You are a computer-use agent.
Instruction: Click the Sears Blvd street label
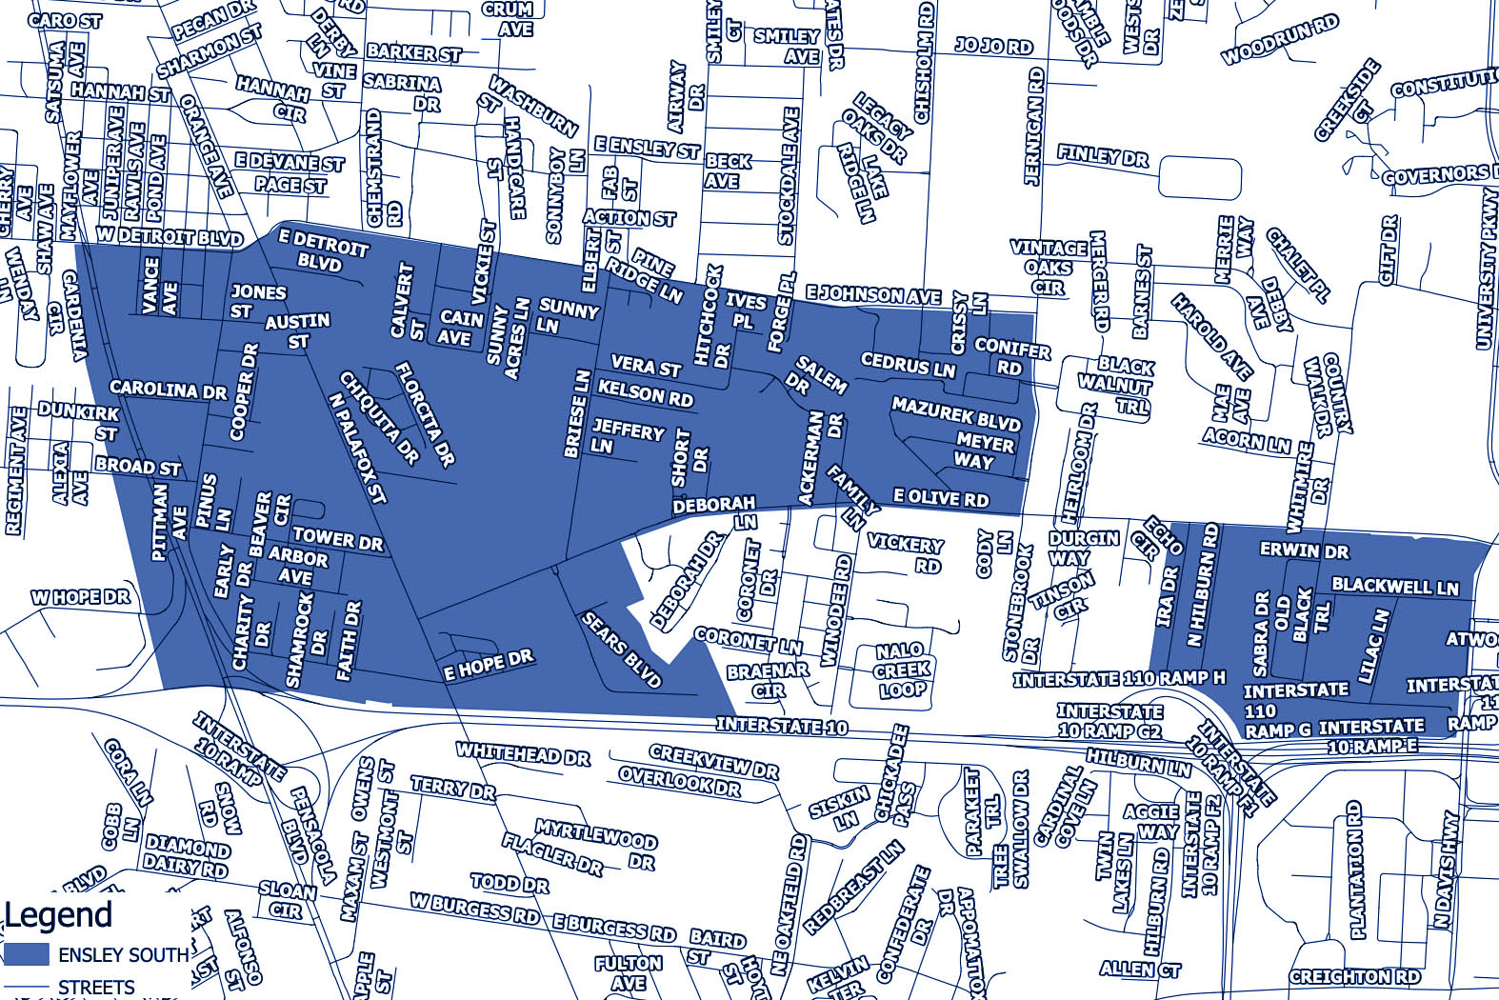pos(621,650)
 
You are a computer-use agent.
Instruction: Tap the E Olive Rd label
pos(941,498)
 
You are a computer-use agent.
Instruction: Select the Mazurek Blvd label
pos(955,414)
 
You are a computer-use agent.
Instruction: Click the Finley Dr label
pos(1103,155)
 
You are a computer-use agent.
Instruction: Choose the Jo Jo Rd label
pos(993,46)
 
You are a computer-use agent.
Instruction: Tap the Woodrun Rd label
pos(1279,40)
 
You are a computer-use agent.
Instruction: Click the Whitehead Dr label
pos(523,754)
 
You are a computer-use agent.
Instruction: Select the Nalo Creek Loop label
pos(901,670)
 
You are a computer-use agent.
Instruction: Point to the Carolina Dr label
pos(169,390)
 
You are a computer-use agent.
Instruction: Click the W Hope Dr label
pos(80,598)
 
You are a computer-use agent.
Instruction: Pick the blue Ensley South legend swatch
pos(27,953)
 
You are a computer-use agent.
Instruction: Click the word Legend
pos(59,915)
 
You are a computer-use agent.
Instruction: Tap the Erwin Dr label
pos(1304,550)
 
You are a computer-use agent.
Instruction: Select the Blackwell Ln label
pos(1394,586)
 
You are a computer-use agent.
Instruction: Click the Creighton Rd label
pos(1354,976)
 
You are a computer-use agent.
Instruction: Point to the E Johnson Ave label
pos(873,295)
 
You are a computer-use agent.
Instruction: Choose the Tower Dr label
pos(337,540)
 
